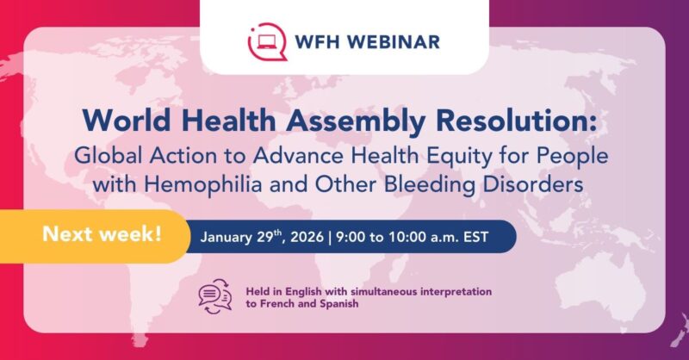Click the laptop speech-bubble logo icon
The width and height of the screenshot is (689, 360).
coord(263,40)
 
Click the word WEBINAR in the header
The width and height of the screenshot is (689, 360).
coord(400,41)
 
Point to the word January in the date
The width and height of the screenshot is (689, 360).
coord(232,237)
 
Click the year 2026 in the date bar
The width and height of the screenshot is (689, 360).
coord(321,237)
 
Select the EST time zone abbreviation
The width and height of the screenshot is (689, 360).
coord(493,237)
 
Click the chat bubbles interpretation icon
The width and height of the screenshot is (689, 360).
coord(215,297)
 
